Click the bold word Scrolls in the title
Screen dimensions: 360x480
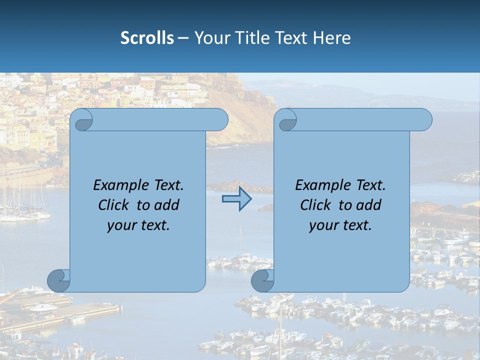tap(147, 38)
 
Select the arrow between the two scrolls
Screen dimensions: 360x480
tap(236, 199)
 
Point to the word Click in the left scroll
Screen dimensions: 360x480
tap(113, 205)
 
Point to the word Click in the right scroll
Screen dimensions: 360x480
tap(315, 205)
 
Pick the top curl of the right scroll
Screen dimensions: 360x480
tap(287, 120)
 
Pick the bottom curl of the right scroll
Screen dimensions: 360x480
tap(263, 280)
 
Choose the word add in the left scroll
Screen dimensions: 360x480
tap(167, 205)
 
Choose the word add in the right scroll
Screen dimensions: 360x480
tap(369, 205)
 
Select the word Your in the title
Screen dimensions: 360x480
tap(210, 38)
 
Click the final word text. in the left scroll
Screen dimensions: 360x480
tap(154, 225)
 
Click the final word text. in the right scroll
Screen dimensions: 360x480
tap(356, 225)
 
